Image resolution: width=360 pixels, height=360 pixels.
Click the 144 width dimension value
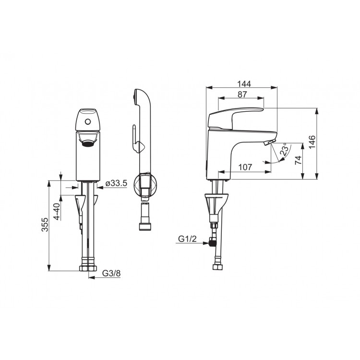point(244,84)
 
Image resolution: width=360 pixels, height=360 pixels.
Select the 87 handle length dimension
point(242,95)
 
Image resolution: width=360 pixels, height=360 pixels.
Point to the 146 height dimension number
point(312,142)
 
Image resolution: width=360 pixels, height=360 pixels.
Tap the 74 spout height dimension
point(298,160)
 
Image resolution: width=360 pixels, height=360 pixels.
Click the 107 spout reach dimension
point(245,167)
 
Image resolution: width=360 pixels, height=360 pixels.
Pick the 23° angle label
point(284,150)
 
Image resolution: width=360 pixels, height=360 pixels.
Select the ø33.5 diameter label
point(116,183)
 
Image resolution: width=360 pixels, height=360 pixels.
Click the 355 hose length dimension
point(45,225)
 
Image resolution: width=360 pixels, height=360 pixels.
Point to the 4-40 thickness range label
point(57,212)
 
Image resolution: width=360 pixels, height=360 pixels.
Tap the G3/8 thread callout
point(111,273)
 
